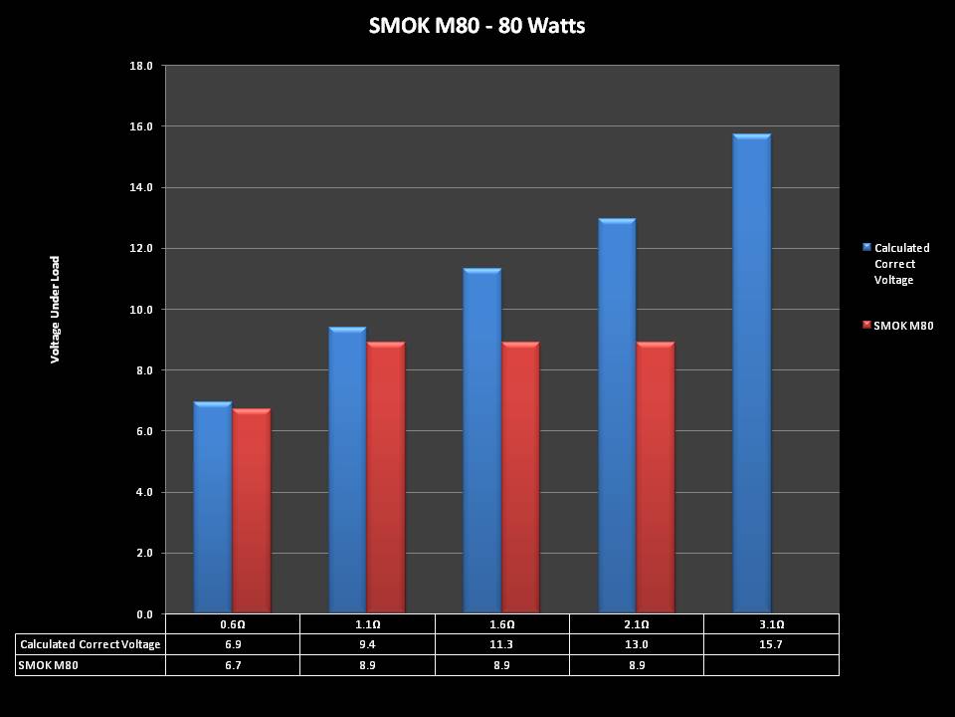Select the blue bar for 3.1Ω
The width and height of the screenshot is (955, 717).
(751, 373)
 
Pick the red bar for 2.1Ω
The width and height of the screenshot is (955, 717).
(655, 478)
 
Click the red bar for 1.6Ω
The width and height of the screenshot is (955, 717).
(520, 478)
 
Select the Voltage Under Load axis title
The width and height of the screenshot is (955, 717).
(56, 310)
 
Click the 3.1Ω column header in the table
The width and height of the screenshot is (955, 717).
(771, 624)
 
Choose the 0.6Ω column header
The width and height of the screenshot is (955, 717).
(232, 624)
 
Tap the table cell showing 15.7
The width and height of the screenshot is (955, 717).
(771, 644)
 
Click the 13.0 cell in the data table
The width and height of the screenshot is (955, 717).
(637, 644)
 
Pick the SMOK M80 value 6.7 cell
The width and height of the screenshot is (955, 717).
(232, 664)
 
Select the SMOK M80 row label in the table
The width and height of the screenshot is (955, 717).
(49, 664)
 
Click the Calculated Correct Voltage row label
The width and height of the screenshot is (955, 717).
(90, 644)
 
